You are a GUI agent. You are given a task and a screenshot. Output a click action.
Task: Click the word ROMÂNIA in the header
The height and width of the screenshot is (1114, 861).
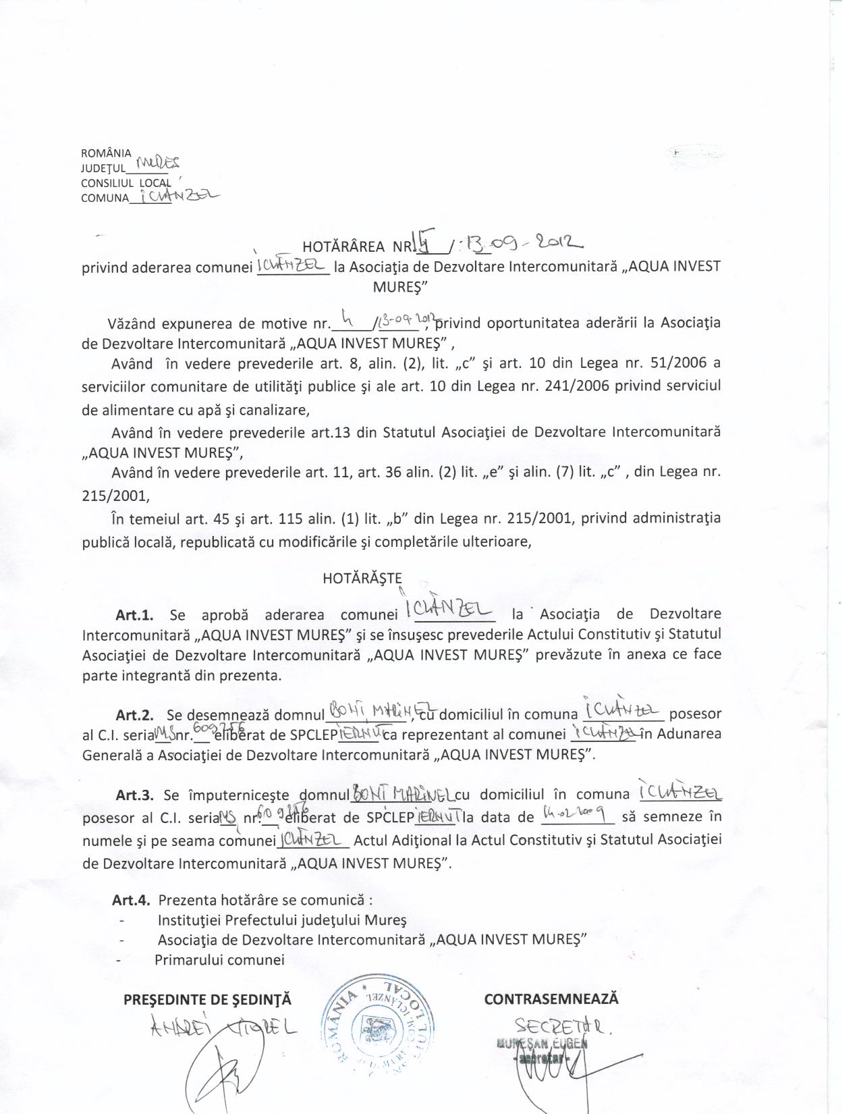pyautogui.click(x=106, y=153)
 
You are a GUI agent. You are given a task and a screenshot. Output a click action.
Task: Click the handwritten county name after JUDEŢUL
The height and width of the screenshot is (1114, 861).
pyautogui.click(x=157, y=163)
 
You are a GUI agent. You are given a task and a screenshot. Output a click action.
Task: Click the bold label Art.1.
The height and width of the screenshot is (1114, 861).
pyautogui.click(x=135, y=615)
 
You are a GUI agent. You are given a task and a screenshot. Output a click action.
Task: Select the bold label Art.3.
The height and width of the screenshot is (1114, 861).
pyautogui.click(x=135, y=795)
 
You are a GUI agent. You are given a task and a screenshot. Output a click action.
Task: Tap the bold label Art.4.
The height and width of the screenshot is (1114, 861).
pyautogui.click(x=132, y=900)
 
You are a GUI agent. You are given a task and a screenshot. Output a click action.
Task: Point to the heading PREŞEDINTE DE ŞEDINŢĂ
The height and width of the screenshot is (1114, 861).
pyautogui.click(x=208, y=1000)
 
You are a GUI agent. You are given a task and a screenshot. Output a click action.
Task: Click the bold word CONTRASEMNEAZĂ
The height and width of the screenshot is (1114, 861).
pyautogui.click(x=551, y=999)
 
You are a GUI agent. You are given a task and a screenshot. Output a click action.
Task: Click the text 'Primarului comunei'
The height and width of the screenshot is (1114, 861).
pyautogui.click(x=219, y=959)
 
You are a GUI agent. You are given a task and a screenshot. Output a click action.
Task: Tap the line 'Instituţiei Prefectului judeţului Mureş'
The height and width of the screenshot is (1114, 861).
pyautogui.click(x=282, y=920)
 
